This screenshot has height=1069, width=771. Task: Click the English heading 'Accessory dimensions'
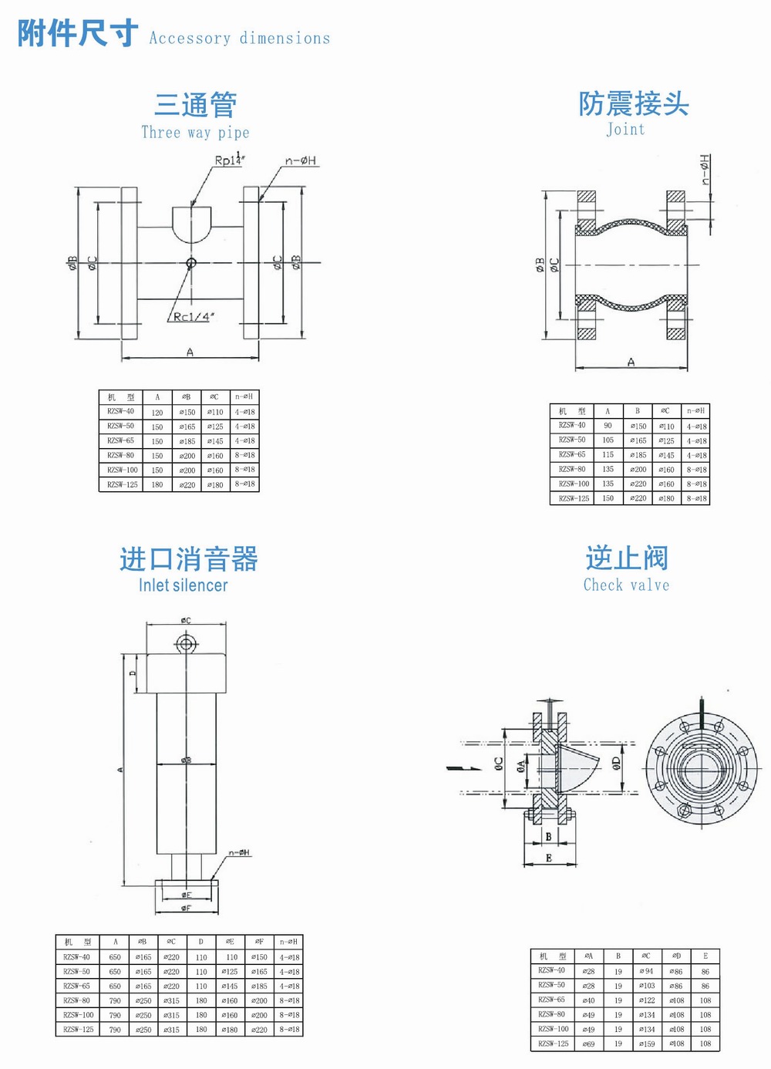click(239, 38)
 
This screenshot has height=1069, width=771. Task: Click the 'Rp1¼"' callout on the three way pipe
click(229, 160)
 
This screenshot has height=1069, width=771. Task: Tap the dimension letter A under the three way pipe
click(190, 352)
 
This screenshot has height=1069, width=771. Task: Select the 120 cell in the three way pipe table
click(157, 413)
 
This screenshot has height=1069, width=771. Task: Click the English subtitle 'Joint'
click(625, 130)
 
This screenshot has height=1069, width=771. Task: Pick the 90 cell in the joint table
click(608, 426)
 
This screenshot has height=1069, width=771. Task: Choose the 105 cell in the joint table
click(608, 440)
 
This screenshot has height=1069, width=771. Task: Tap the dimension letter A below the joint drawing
click(631, 362)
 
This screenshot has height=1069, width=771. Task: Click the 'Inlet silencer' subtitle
click(183, 585)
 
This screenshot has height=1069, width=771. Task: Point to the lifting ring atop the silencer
click(186, 643)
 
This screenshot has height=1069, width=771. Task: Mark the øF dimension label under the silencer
click(187, 908)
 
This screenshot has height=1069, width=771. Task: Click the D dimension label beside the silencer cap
click(133, 673)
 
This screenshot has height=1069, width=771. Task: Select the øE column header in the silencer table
click(230, 942)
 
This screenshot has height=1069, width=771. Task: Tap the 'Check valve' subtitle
click(626, 585)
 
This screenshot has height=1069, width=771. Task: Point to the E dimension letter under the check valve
click(549, 858)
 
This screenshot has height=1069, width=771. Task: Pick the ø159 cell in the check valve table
click(646, 1044)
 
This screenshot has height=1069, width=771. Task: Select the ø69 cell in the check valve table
click(588, 1044)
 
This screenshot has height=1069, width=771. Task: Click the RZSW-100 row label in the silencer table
click(78, 1015)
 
